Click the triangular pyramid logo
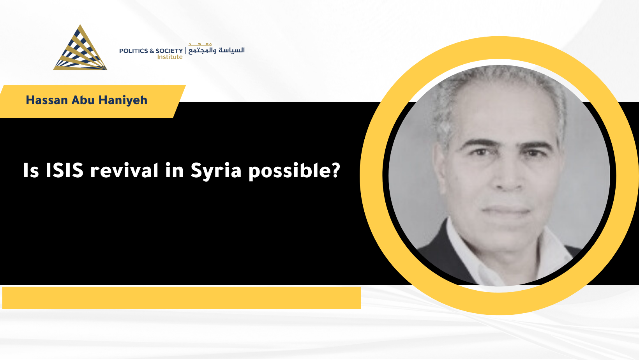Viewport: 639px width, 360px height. pyautogui.click(x=80, y=48)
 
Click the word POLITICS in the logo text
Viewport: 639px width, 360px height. pyautogui.click(x=133, y=51)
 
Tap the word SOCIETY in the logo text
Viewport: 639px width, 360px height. pyautogui.click(x=169, y=51)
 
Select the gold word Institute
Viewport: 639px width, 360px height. pyautogui.click(x=170, y=57)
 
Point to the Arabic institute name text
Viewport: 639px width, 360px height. pyautogui.click(x=216, y=48)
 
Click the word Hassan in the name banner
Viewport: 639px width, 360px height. pyautogui.click(x=47, y=100)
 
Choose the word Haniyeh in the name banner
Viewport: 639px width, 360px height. pyautogui.click(x=123, y=100)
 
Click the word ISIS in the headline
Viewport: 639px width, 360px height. pyautogui.click(x=64, y=170)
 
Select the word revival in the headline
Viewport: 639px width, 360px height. pyautogui.click(x=124, y=170)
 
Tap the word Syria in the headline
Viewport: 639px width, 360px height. pyautogui.click(x=216, y=171)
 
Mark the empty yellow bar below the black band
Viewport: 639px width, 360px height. pyautogui.click(x=182, y=298)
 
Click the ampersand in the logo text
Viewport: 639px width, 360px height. pyautogui.click(x=152, y=51)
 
